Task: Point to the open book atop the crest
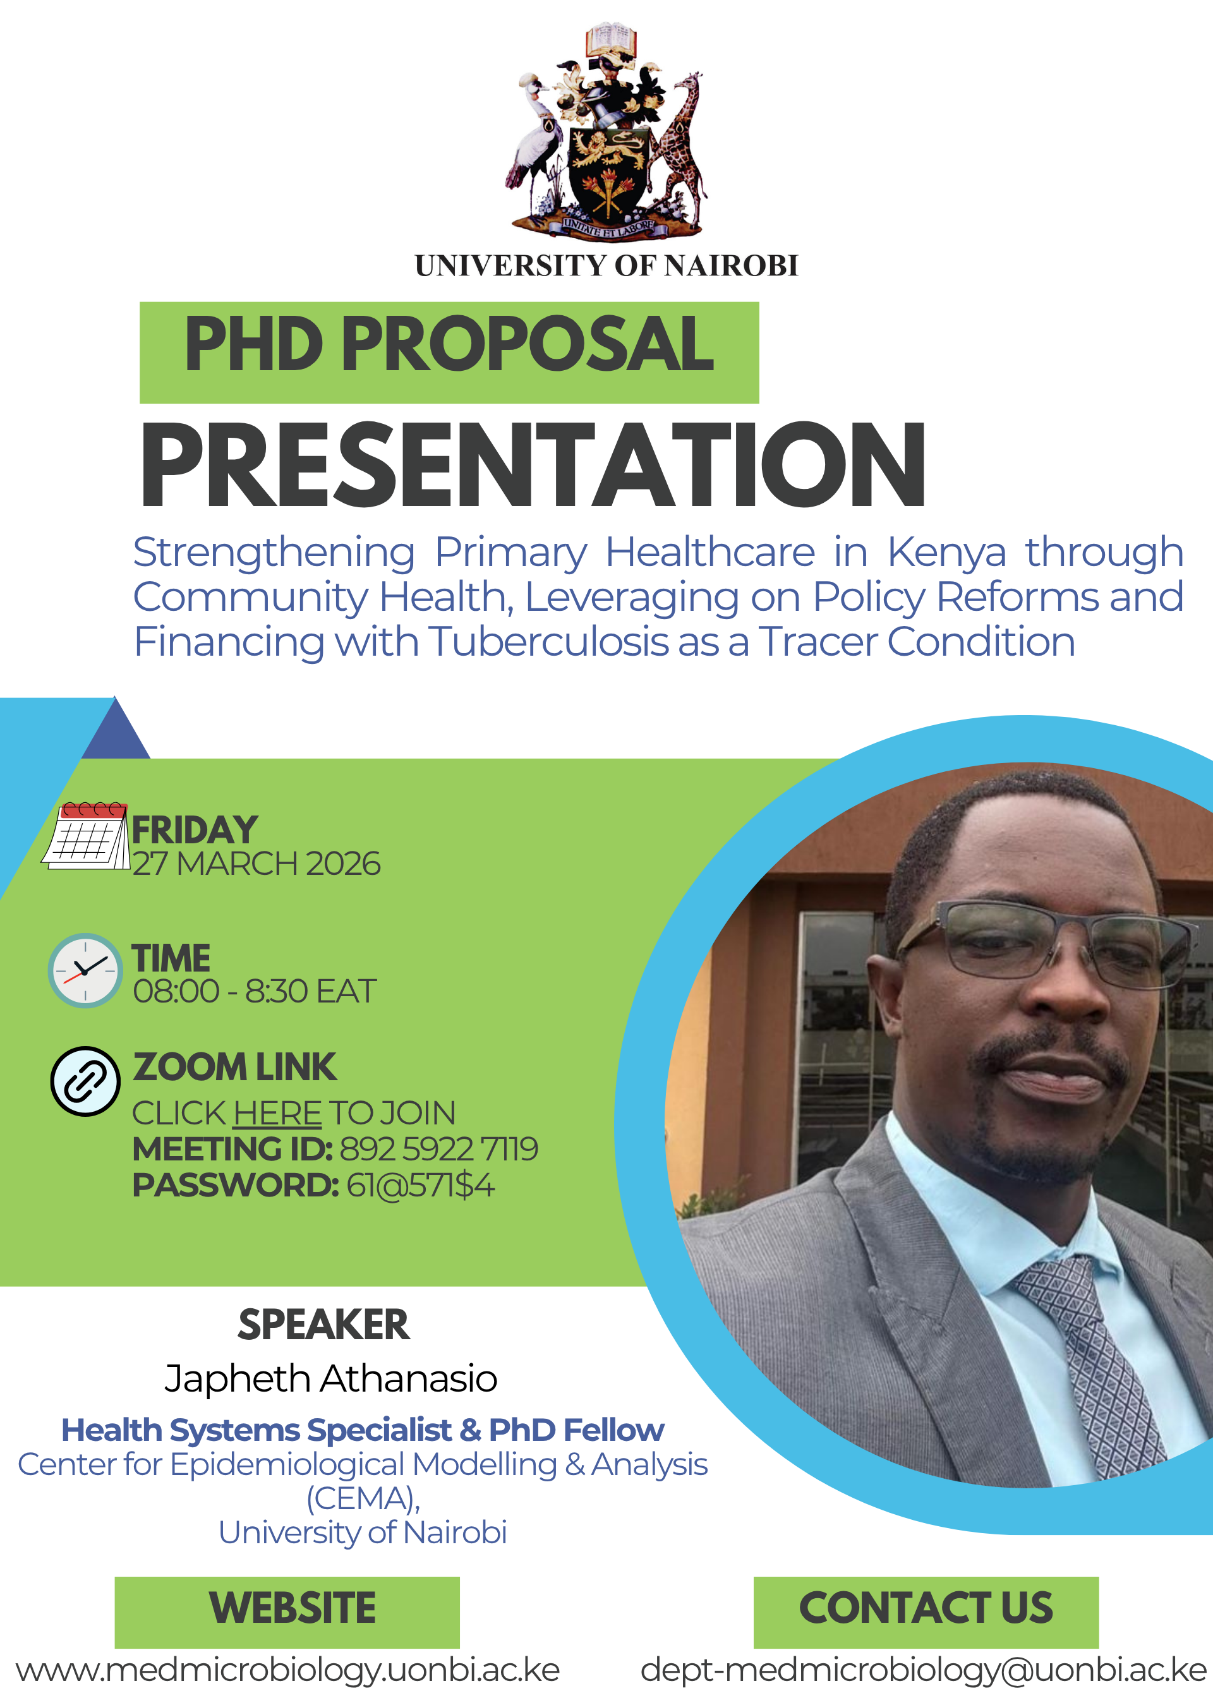pos(610,39)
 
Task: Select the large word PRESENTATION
pos(533,464)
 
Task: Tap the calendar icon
pos(86,836)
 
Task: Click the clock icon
pos(85,971)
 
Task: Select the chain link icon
pos(85,1081)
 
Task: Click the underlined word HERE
pos(277,1113)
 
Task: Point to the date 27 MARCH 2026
pos(256,864)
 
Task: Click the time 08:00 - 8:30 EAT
pos(255,992)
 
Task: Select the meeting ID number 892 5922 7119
pos(439,1149)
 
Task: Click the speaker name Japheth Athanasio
pos(331,1378)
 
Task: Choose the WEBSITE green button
pos(287,1612)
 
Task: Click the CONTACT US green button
pos(926,1612)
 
